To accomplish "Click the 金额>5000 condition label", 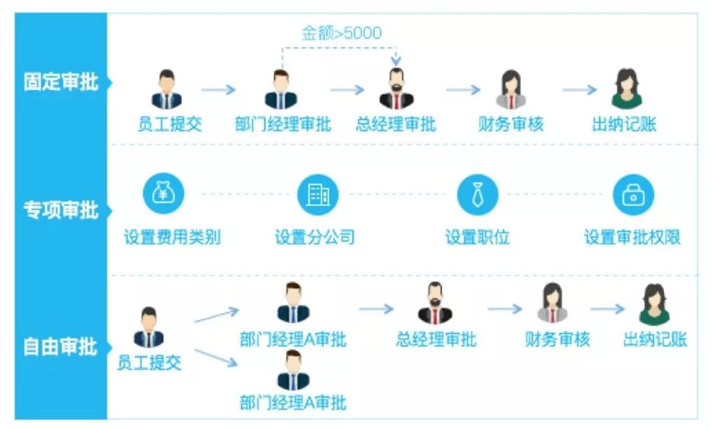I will point(342,32).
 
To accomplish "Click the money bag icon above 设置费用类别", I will point(164,195).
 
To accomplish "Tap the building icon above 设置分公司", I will point(317,195).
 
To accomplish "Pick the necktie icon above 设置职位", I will point(477,195).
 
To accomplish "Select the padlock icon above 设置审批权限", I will point(633,195).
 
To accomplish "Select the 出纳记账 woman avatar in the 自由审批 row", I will point(654,303).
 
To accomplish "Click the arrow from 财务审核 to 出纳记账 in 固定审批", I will point(579,90).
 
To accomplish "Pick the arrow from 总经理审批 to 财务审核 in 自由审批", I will point(505,309).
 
